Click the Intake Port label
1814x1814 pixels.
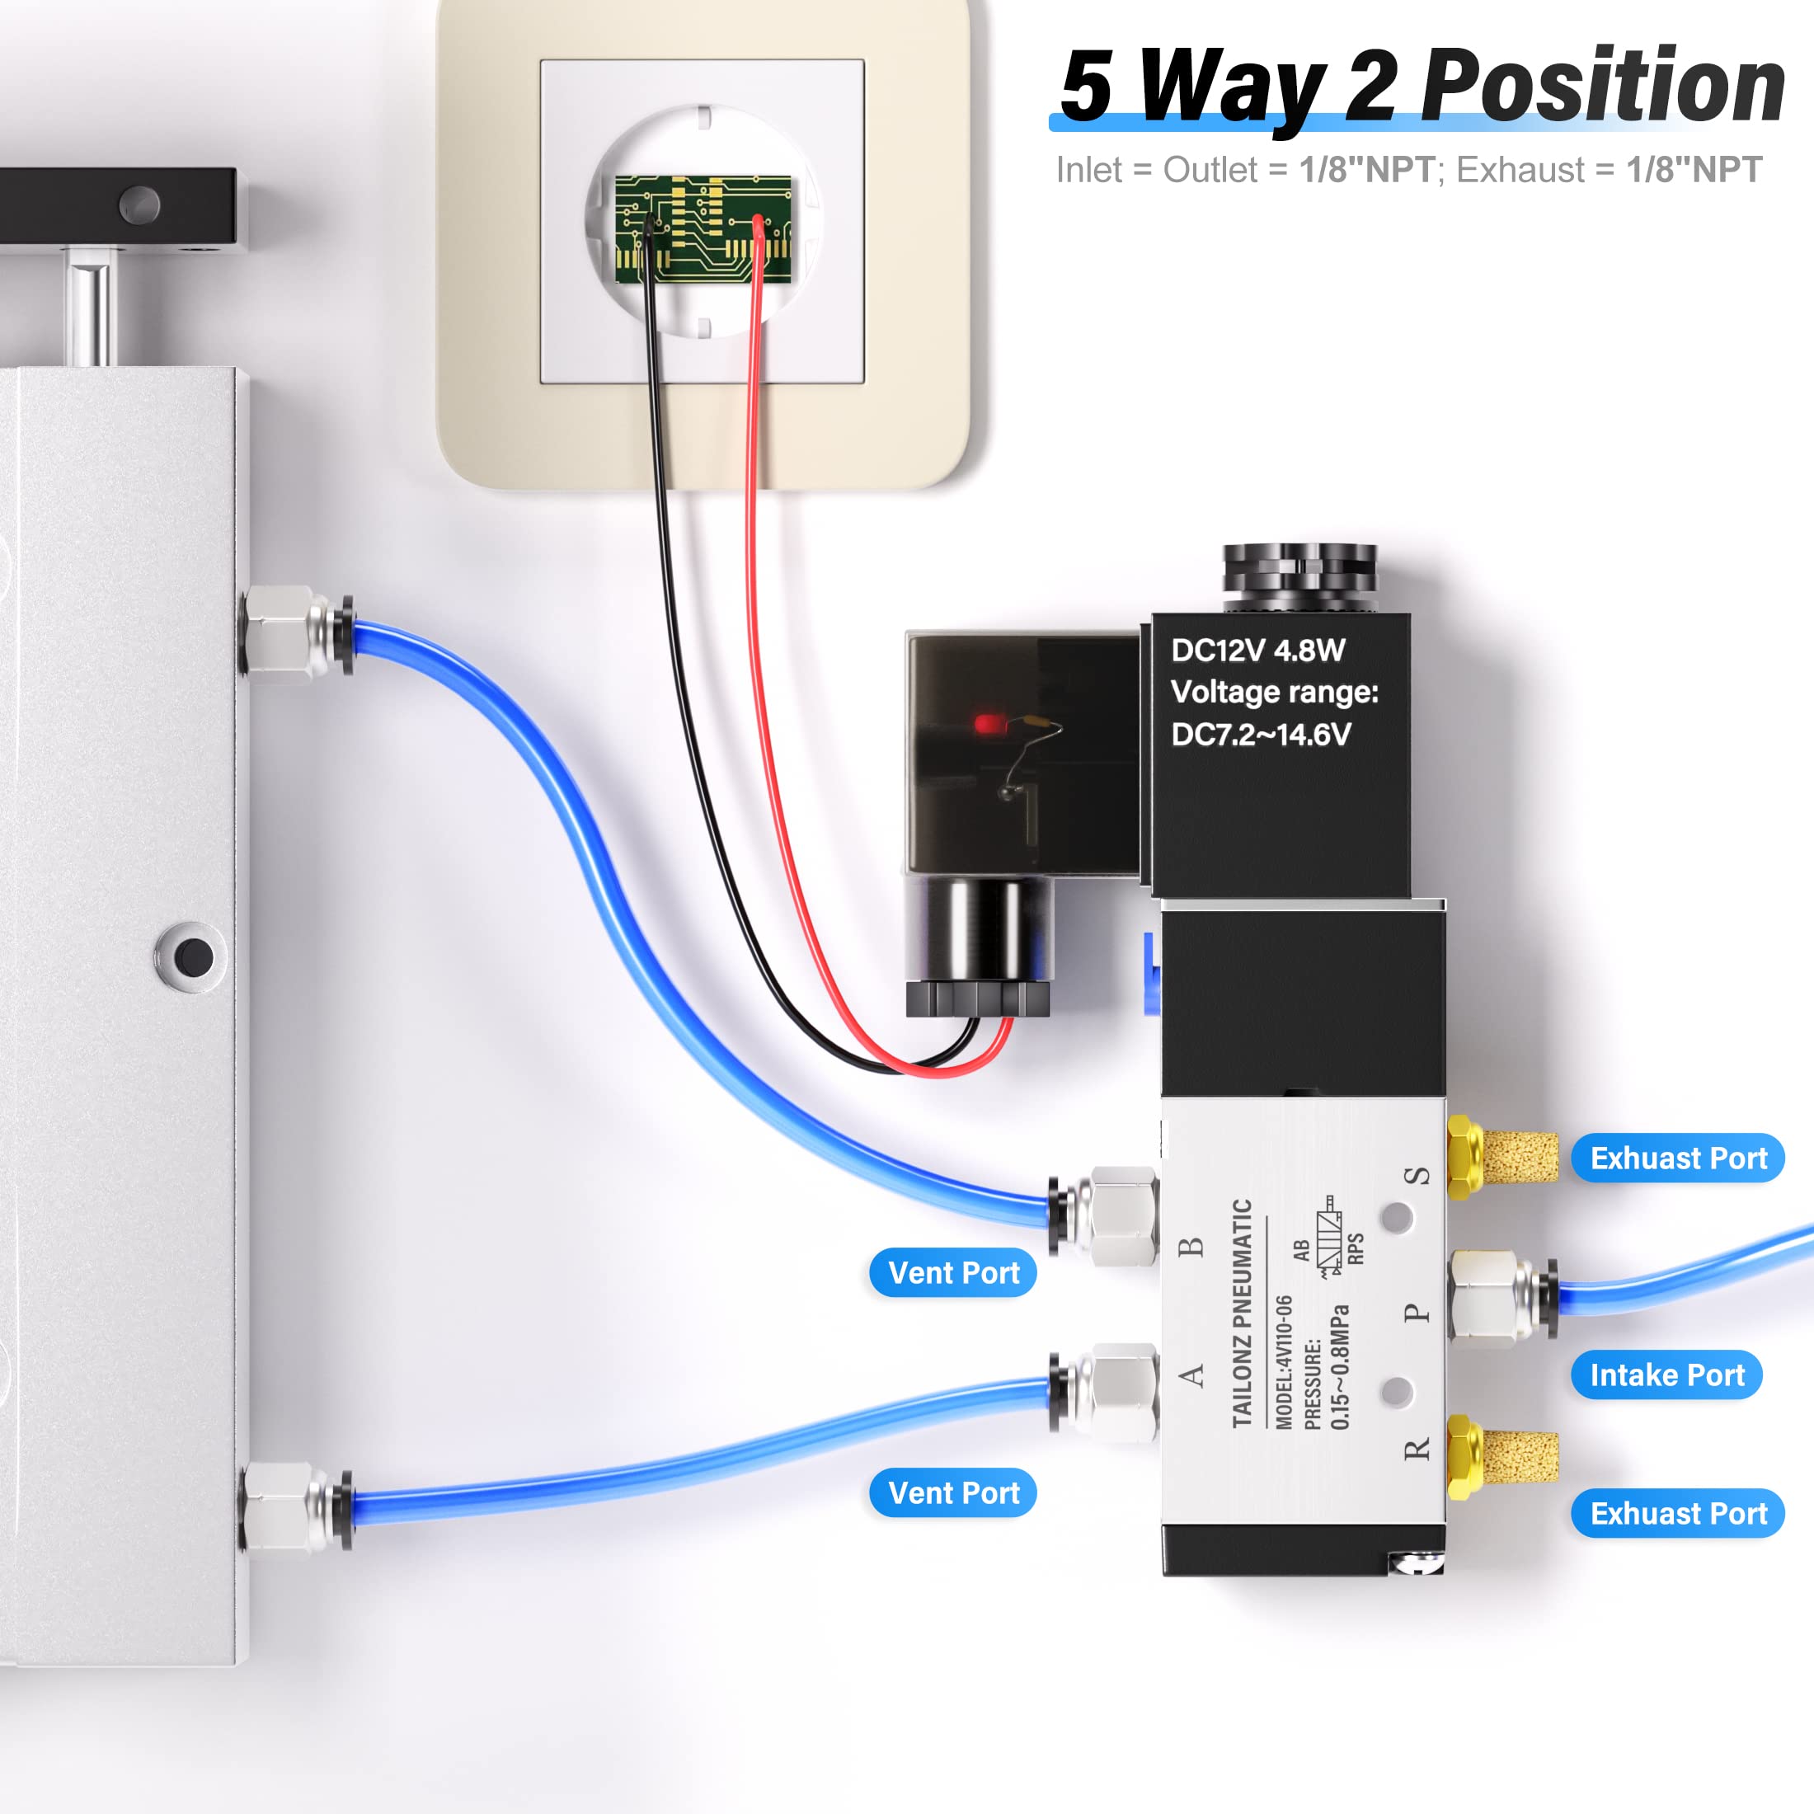pyautogui.click(x=1666, y=1375)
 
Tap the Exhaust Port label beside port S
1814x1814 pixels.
pyautogui.click(x=1678, y=1158)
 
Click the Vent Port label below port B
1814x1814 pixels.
pyautogui.click(x=953, y=1272)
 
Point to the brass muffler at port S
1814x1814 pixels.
pyautogui.click(x=1502, y=1158)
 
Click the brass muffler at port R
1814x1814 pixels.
pyautogui.click(x=1502, y=1458)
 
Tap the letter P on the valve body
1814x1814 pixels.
pyautogui.click(x=1417, y=1313)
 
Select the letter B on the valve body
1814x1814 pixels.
pyautogui.click(x=1191, y=1247)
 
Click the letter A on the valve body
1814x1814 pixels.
pyautogui.click(x=1191, y=1376)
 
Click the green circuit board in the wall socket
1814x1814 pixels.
pyautogui.click(x=703, y=228)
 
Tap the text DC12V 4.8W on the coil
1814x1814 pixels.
pyautogui.click(x=1257, y=650)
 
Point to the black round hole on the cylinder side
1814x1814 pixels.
pyautogui.click(x=195, y=956)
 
